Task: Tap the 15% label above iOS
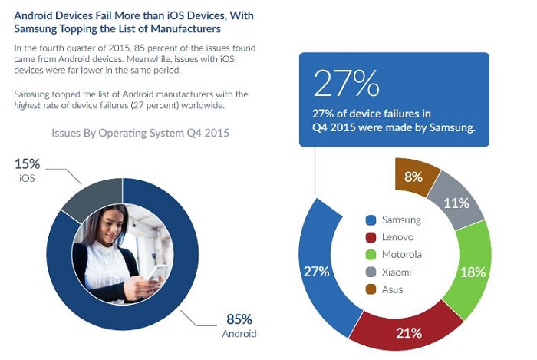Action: (x=26, y=163)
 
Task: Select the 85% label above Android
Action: (x=239, y=319)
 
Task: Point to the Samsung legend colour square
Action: (x=371, y=220)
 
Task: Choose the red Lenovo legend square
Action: (x=371, y=237)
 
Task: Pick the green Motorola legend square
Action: (x=371, y=255)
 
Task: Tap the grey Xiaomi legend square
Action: (x=371, y=272)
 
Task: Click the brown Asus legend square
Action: (x=371, y=289)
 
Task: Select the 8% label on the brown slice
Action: (x=413, y=177)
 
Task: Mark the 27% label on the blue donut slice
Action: (x=315, y=271)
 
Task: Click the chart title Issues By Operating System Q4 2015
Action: (x=140, y=133)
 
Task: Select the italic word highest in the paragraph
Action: (x=31, y=106)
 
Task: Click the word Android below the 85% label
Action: (x=239, y=334)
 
